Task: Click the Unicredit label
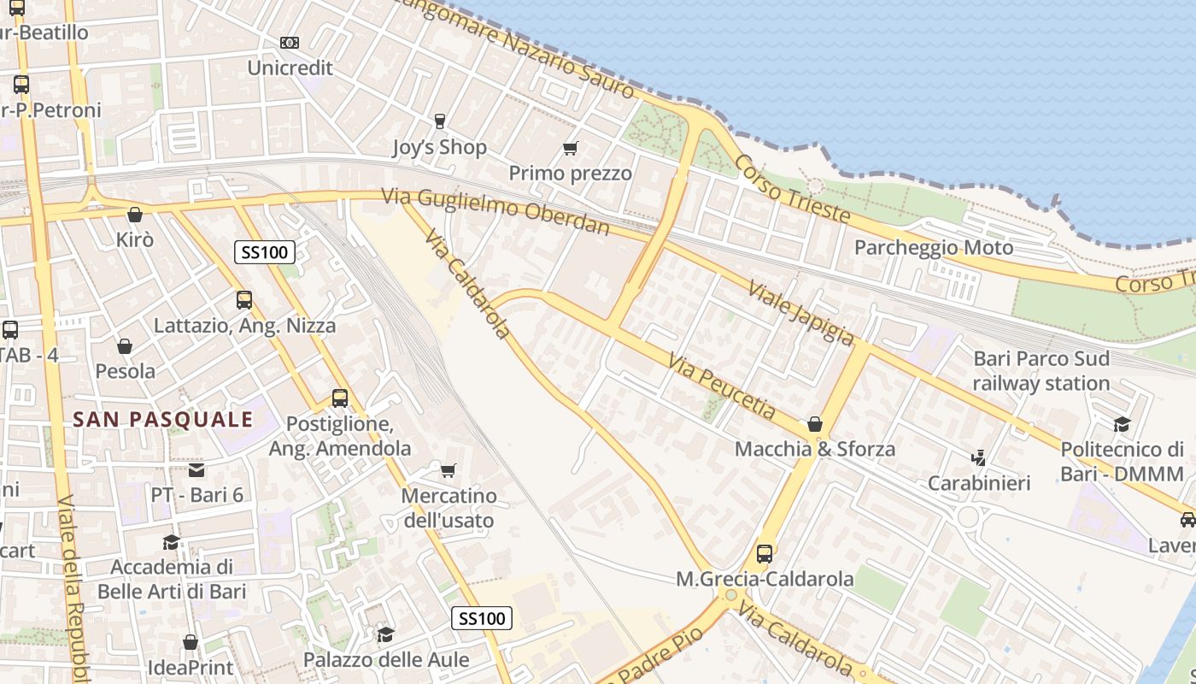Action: (x=290, y=68)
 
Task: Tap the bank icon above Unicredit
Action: (x=290, y=42)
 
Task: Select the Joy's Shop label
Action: (x=439, y=147)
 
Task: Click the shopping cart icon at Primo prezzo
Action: (x=571, y=148)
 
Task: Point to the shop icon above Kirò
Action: (x=134, y=215)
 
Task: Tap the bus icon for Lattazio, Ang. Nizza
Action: (x=244, y=300)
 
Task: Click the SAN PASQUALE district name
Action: (x=163, y=419)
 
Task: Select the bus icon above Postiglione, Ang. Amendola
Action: (x=340, y=398)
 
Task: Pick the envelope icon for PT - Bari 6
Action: (x=196, y=469)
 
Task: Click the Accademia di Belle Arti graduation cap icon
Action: (x=172, y=542)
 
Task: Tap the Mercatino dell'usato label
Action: (x=448, y=508)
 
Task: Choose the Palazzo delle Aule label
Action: (x=386, y=660)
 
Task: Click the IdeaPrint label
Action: (x=191, y=666)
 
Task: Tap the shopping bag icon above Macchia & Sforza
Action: (x=815, y=424)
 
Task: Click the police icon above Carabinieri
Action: (x=979, y=458)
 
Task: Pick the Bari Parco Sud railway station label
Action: (x=1041, y=370)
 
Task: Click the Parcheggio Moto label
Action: (x=934, y=248)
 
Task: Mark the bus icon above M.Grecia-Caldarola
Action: (x=765, y=554)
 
